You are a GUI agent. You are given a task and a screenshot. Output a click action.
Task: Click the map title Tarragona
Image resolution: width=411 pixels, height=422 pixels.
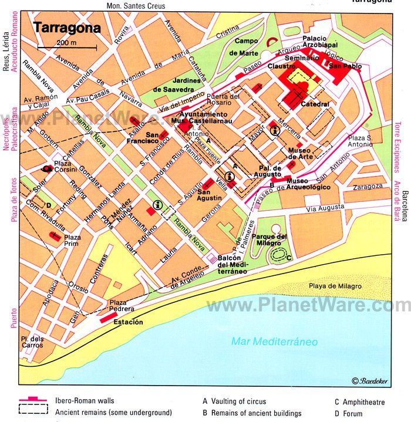(x=67, y=28)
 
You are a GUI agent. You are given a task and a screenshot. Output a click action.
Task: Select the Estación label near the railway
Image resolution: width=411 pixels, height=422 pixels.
(x=129, y=322)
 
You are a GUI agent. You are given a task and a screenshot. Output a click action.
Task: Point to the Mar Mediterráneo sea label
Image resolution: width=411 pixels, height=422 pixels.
(x=274, y=342)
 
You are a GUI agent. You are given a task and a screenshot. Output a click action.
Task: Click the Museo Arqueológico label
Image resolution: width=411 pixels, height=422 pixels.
(x=308, y=184)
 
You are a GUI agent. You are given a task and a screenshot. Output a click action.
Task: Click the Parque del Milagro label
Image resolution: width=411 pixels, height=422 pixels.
(x=269, y=239)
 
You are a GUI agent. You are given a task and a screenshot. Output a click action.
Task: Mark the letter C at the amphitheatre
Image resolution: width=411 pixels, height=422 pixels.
(x=290, y=258)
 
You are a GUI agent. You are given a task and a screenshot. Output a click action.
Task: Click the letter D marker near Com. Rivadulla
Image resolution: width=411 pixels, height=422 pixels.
(x=49, y=205)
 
